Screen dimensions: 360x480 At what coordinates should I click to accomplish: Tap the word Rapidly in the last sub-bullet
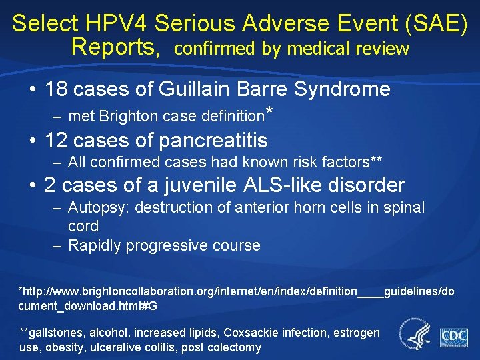[94, 245]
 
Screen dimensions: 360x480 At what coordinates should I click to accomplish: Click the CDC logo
[453, 335]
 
